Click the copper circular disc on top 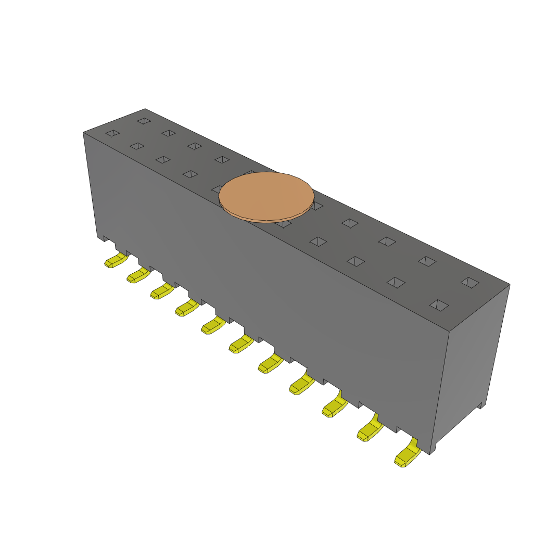(x=266, y=196)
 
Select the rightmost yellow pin (x=407, y=455)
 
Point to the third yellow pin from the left (x=161, y=291)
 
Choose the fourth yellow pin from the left (x=186, y=308)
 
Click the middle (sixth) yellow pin (x=240, y=344)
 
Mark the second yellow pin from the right (x=369, y=429)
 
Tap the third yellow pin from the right (x=334, y=407)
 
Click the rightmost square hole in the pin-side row (x=439, y=305)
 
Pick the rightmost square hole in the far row (x=470, y=282)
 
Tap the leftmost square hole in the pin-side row (x=112, y=133)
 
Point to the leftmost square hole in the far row (x=144, y=121)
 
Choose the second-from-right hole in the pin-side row (x=396, y=282)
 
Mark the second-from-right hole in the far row (x=427, y=261)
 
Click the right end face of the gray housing (x=471, y=364)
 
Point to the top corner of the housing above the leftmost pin (x=83, y=133)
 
